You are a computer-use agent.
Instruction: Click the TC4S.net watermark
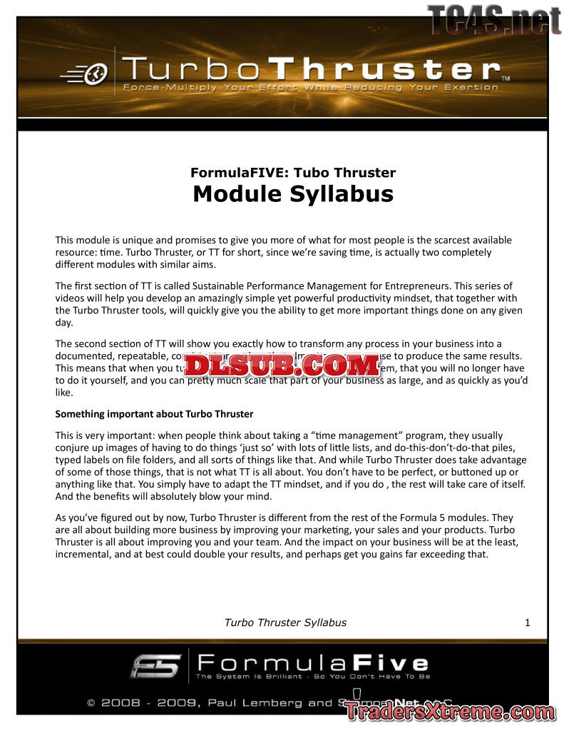coord(494,19)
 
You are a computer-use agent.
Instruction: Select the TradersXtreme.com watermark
coord(448,711)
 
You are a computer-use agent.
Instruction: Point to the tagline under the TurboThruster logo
coord(310,88)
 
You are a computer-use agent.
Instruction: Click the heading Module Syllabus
coord(293,194)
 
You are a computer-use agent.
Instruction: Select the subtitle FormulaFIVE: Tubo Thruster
coord(293,172)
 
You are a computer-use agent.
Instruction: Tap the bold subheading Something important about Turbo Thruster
coord(154,413)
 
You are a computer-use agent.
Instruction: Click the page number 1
coord(528,622)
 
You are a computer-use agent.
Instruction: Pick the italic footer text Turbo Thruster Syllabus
coord(285,622)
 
